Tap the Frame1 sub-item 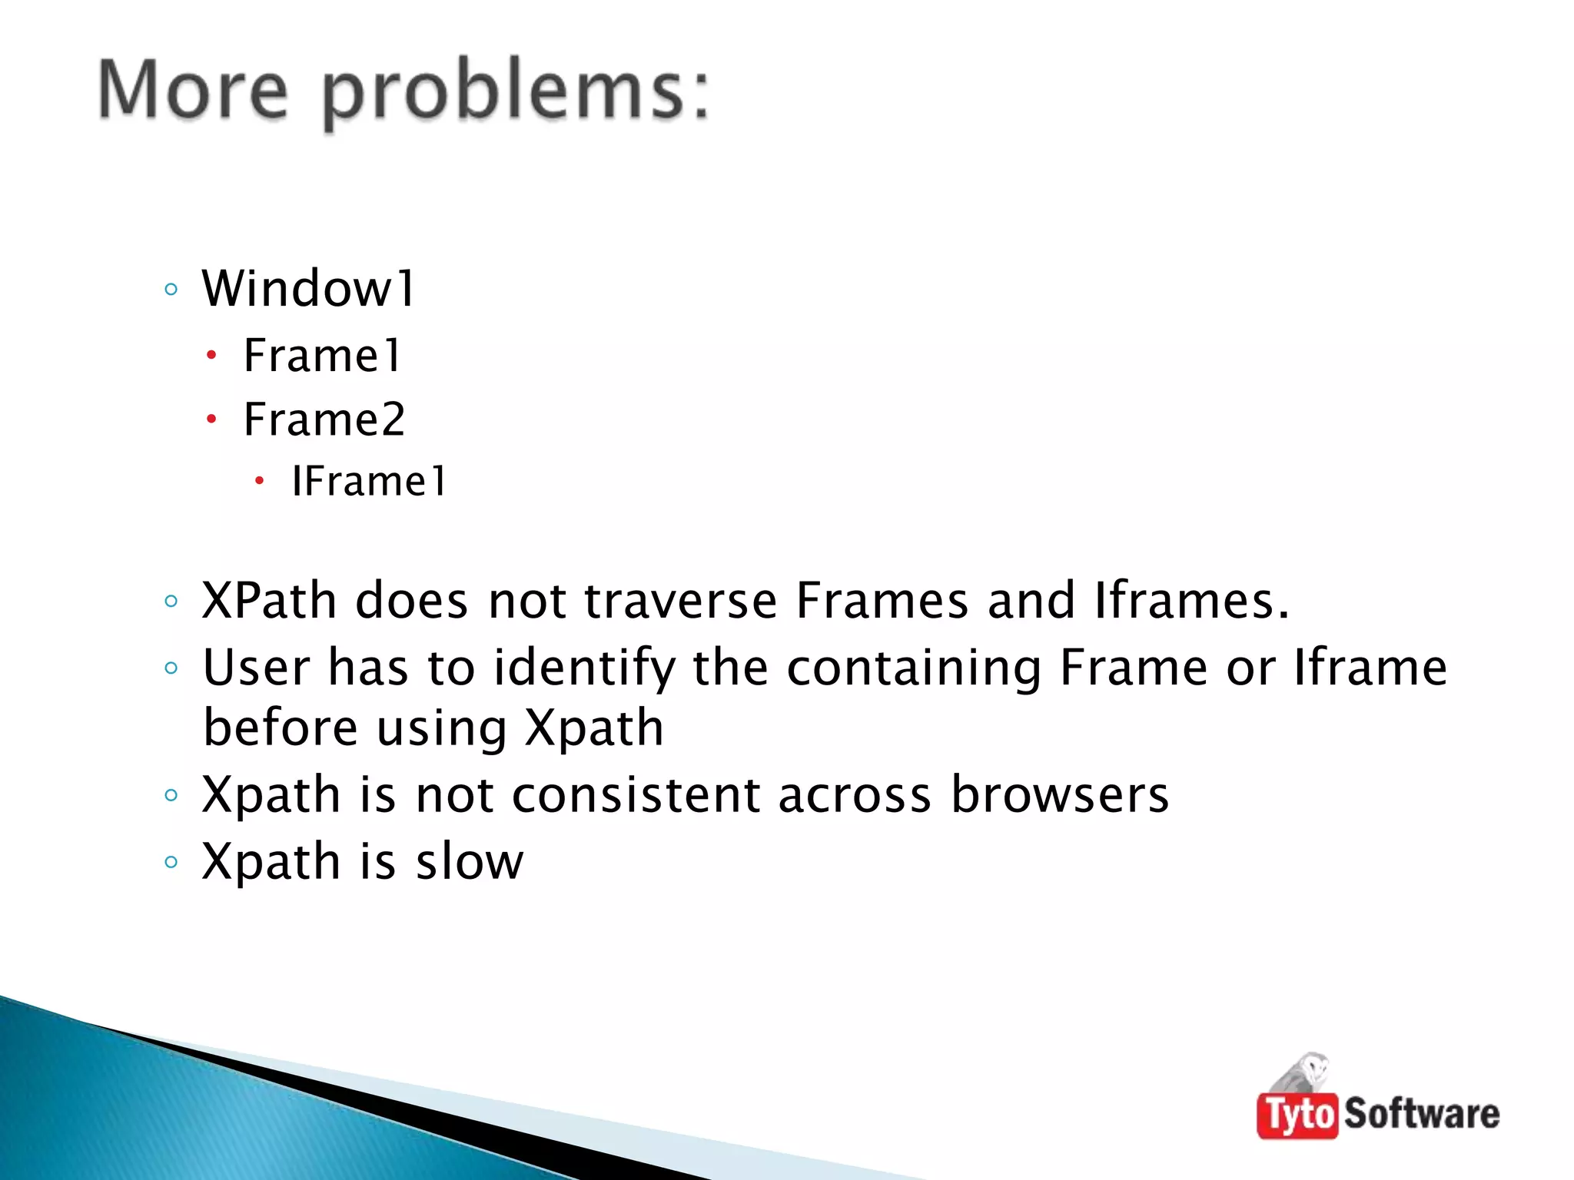pyautogui.click(x=322, y=356)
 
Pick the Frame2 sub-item pyautogui.click(x=324, y=419)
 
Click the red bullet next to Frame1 pyautogui.click(x=212, y=356)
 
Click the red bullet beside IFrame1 pyautogui.click(x=260, y=482)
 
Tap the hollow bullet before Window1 pyautogui.click(x=171, y=290)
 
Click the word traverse pyautogui.click(x=681, y=600)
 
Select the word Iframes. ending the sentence pyautogui.click(x=1190, y=600)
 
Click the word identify pyautogui.click(x=584, y=668)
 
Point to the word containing pyautogui.click(x=913, y=668)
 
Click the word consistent pyautogui.click(x=636, y=794)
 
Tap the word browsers pyautogui.click(x=1060, y=794)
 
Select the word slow pyautogui.click(x=470, y=861)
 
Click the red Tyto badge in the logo pyautogui.click(x=1297, y=1115)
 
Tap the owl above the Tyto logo pyautogui.click(x=1307, y=1072)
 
